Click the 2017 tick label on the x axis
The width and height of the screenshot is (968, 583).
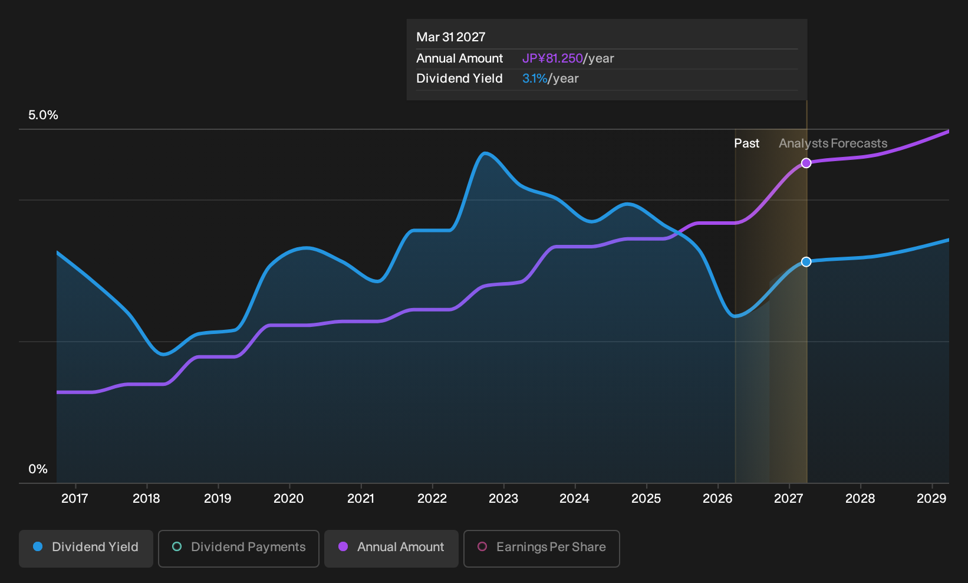click(75, 498)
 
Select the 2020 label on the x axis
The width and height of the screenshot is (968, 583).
click(289, 498)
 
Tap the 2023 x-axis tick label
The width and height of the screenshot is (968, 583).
click(503, 498)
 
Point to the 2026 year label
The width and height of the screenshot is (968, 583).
click(717, 498)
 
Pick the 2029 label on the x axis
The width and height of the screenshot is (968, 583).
click(931, 498)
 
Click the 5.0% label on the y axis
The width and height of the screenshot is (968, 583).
click(43, 115)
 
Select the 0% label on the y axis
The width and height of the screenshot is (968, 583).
click(38, 469)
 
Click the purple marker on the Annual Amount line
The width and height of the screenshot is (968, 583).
click(806, 163)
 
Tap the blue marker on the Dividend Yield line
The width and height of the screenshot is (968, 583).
click(806, 261)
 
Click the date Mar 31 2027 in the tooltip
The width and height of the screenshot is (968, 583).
click(451, 37)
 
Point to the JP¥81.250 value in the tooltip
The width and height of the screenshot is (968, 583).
click(553, 58)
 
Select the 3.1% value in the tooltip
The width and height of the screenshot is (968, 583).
click(535, 78)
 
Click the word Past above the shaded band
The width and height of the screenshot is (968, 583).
click(747, 143)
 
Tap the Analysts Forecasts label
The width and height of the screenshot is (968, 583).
click(833, 143)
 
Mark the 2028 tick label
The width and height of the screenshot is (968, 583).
click(860, 498)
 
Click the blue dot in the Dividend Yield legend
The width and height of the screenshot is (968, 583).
click(38, 546)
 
